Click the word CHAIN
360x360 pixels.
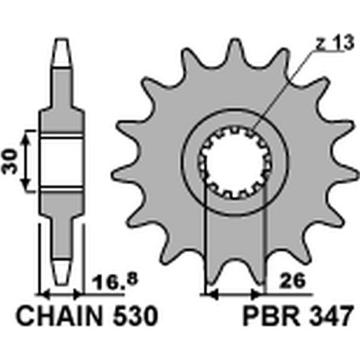point(59,316)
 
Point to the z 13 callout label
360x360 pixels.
point(335,43)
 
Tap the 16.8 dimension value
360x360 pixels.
point(114,281)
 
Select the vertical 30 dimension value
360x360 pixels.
point(10,162)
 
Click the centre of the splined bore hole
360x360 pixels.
point(235,163)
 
